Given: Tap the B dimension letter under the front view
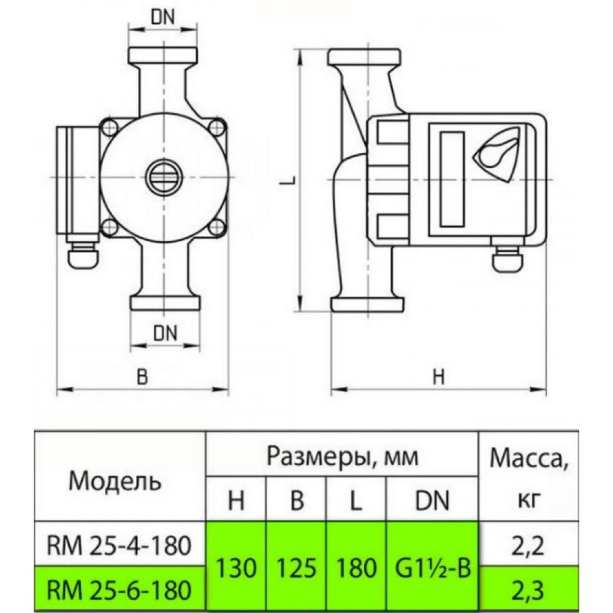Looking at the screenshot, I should pyautogui.click(x=142, y=377).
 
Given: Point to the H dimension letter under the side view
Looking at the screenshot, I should pyautogui.click(x=438, y=378).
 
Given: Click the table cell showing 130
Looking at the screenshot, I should pyautogui.click(x=236, y=568).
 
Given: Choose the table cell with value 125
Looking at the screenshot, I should pyautogui.click(x=297, y=568).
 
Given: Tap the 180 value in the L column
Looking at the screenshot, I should pyautogui.click(x=356, y=568).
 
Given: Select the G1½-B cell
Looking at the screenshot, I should pyautogui.click(x=432, y=568).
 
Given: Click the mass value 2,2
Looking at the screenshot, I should pyautogui.click(x=528, y=543).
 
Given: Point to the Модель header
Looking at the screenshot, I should pyautogui.click(x=116, y=480).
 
